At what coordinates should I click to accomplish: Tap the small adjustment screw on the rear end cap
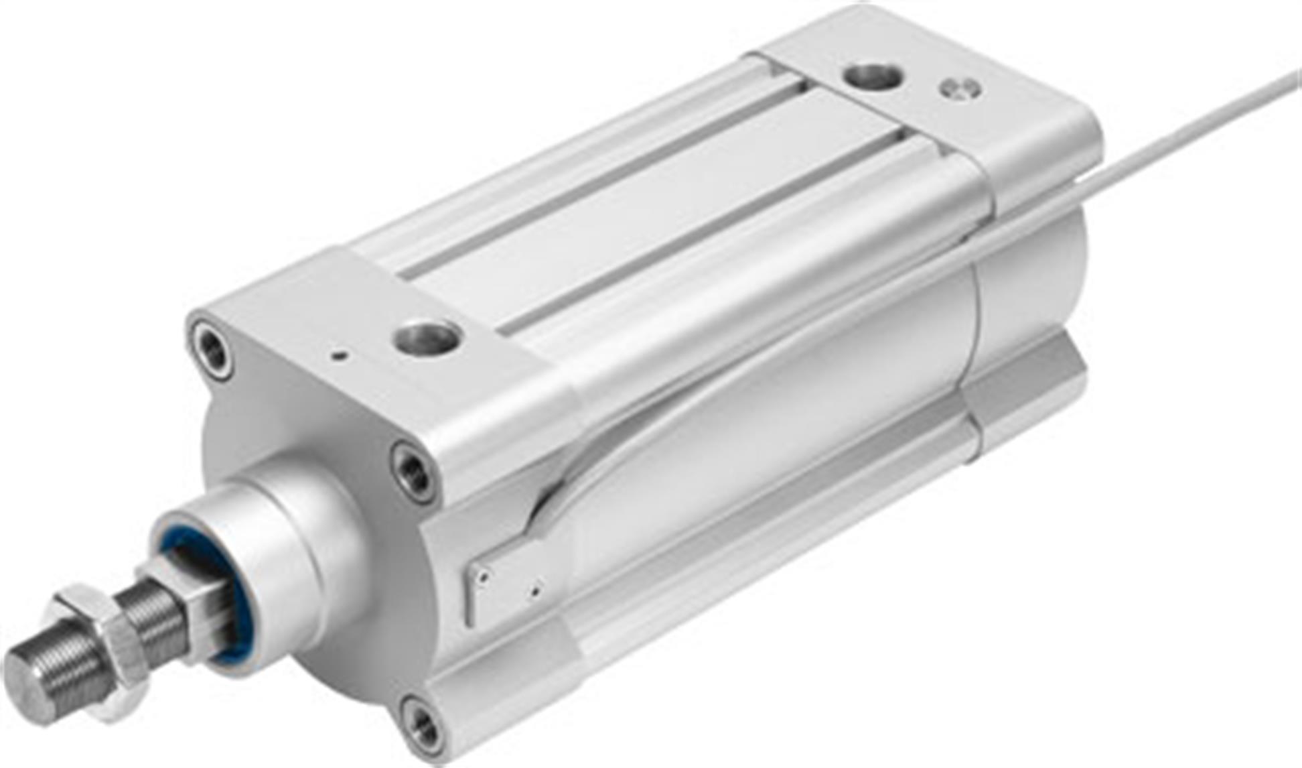click(x=960, y=88)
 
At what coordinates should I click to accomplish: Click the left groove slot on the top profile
click(x=603, y=188)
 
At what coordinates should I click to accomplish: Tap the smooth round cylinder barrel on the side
click(x=770, y=436)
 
